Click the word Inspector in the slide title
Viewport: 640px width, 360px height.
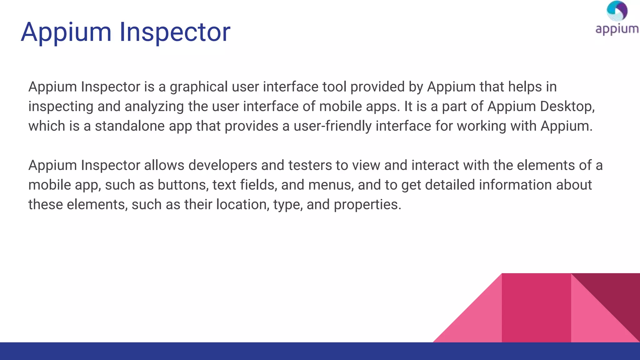pyautogui.click(x=175, y=32)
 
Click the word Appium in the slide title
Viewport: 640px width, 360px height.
pyautogui.click(x=66, y=32)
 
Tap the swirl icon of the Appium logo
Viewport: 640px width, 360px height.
pyautogui.click(x=617, y=11)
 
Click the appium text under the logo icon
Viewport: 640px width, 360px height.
pyautogui.click(x=617, y=29)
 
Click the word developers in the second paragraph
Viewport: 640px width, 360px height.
pyautogui.click(x=223, y=165)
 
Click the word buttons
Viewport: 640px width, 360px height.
pyautogui.click(x=183, y=185)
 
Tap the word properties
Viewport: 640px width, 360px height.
pyautogui.click(x=367, y=205)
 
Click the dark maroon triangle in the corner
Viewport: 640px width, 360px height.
pyautogui.click(x=616, y=294)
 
